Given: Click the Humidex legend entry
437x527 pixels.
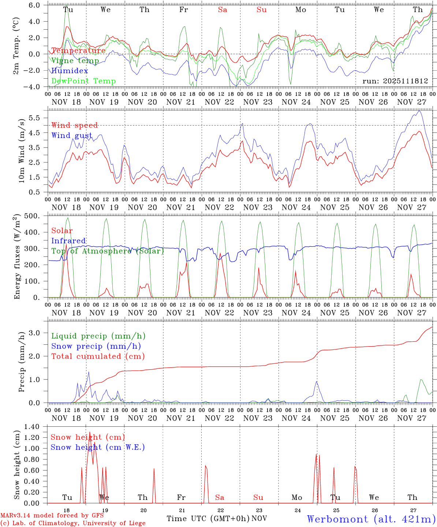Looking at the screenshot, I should [x=70, y=71].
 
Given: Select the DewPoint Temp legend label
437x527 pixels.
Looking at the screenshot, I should [x=83, y=81].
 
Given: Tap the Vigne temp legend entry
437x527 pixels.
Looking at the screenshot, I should [x=75, y=61].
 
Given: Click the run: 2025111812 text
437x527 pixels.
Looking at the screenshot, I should [x=395, y=81].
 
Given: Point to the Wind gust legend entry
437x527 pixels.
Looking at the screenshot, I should [x=72, y=135].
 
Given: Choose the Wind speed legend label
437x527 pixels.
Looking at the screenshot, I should [x=75, y=126].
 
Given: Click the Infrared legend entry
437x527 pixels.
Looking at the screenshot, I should [x=68, y=241].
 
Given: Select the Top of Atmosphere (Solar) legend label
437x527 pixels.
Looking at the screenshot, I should [x=108, y=251].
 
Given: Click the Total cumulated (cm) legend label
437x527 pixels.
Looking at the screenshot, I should [x=98, y=356].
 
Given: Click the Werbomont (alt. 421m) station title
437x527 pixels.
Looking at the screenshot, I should [x=371, y=519].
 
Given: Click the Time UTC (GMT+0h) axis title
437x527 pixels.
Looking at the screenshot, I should [x=208, y=519].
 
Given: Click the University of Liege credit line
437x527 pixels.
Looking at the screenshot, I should [x=73, y=523].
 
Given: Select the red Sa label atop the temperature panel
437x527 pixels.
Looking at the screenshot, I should [x=223, y=10].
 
